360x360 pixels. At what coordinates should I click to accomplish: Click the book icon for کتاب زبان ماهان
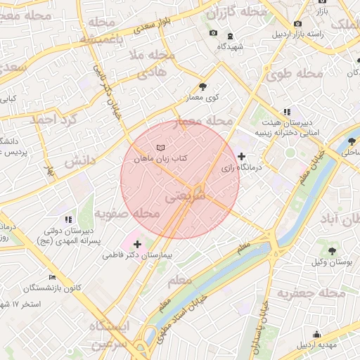(x=162, y=147)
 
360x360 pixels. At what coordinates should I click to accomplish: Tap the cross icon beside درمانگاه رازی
(x=242, y=156)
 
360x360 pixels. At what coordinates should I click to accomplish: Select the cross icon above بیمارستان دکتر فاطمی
(x=137, y=243)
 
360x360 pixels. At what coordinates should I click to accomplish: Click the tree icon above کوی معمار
(x=203, y=86)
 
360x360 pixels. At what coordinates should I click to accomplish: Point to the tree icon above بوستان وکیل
(x=332, y=250)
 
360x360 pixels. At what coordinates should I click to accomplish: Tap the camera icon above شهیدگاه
(x=214, y=34)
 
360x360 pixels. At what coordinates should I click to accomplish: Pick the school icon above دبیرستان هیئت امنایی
(x=287, y=112)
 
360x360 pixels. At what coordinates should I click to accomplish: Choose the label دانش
(x=79, y=161)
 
